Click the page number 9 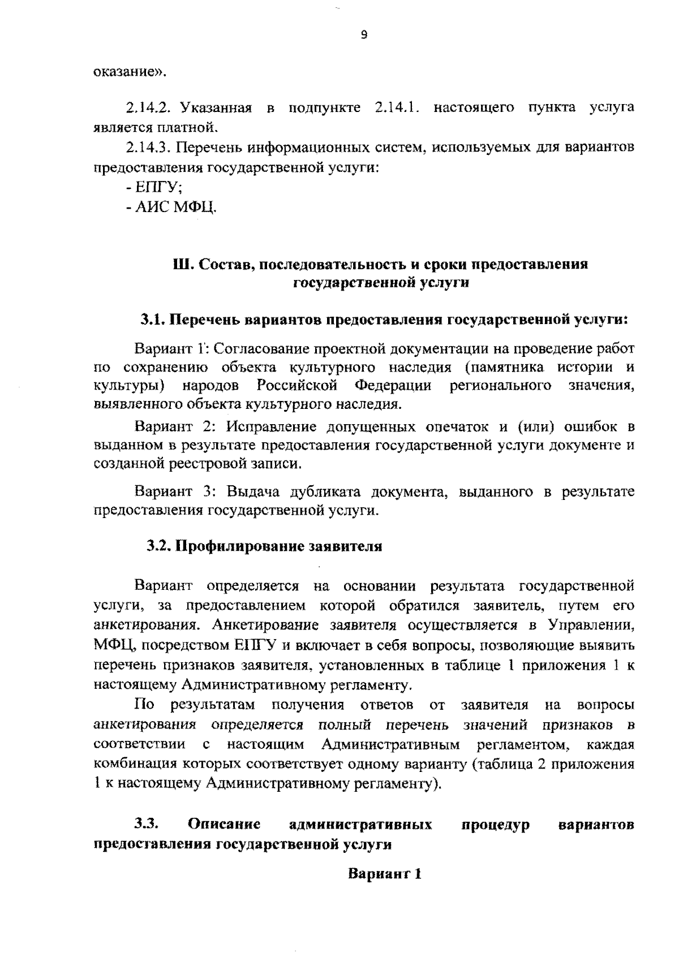tap(364, 35)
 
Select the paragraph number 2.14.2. tap(149, 107)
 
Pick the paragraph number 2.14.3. tap(149, 148)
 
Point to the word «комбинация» tap(139, 764)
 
